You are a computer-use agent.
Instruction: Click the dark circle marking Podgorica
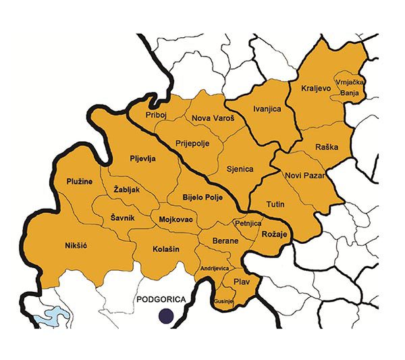(165, 315)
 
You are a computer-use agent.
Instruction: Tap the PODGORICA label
(160, 299)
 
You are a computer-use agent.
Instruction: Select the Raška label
(326, 147)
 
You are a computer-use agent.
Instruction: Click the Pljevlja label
(143, 159)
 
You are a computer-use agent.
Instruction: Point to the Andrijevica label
(213, 269)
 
